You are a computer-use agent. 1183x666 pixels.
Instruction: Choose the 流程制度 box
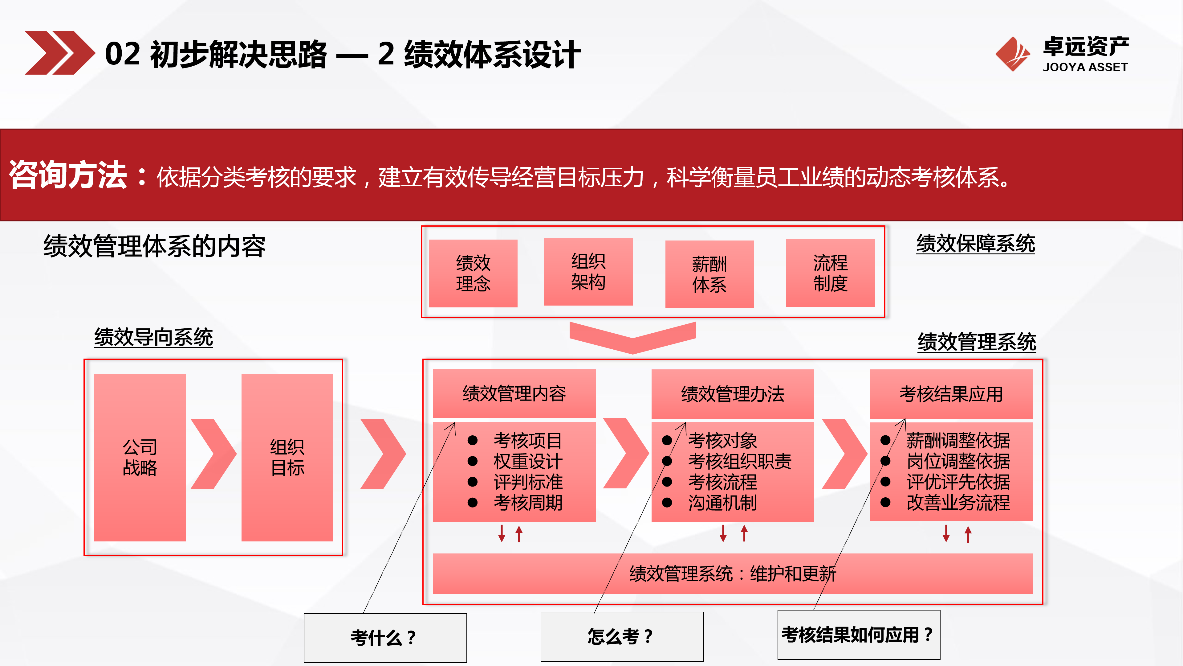coord(830,273)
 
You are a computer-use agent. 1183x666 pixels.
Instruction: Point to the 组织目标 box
coord(287,457)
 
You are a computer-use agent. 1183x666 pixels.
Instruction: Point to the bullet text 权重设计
coord(528,461)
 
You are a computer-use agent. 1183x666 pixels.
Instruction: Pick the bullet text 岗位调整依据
coord(958,461)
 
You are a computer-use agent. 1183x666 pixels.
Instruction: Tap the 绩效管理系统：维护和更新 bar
coord(733,573)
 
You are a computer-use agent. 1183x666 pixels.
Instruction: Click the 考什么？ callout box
coord(385,638)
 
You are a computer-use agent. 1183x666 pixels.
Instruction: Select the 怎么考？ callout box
coord(622,636)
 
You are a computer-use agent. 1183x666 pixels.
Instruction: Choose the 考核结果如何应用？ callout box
coord(858,635)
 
